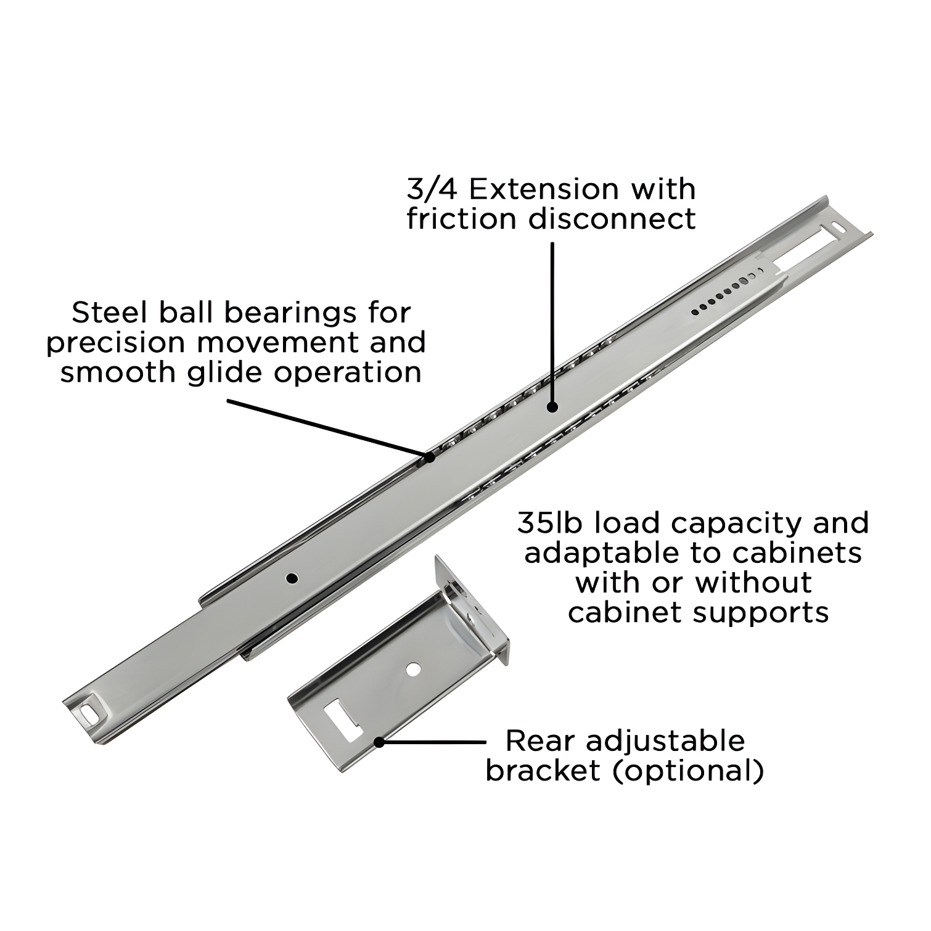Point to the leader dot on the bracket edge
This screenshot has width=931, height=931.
click(x=380, y=742)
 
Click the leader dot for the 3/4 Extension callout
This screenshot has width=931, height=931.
click(x=553, y=407)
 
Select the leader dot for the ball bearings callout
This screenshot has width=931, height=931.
click(x=429, y=457)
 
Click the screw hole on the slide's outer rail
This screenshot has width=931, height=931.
click(x=292, y=578)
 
